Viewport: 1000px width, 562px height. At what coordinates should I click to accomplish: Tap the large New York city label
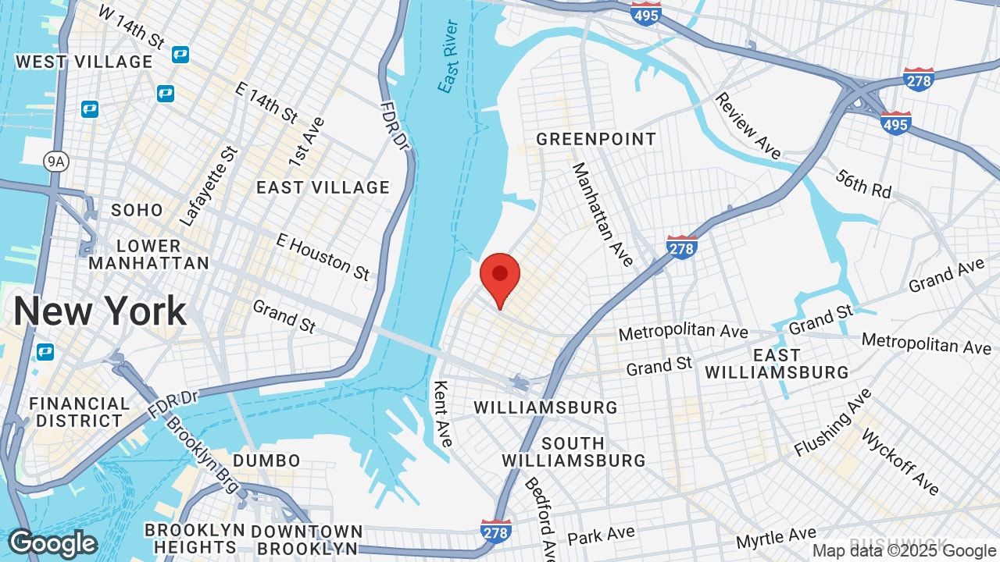pos(100,311)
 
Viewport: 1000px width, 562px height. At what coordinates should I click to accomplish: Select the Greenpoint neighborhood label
pos(595,139)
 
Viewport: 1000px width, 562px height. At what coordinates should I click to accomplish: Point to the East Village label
pos(323,187)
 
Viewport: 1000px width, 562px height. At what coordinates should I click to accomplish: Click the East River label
pos(448,56)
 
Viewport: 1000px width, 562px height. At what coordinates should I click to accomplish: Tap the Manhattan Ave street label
pos(602,214)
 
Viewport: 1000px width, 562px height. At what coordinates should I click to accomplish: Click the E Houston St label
pos(323,256)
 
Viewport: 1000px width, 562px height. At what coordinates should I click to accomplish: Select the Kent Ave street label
pos(442,413)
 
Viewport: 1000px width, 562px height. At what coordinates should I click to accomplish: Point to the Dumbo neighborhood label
pos(266,461)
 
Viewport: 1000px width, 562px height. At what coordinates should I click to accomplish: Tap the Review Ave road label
pos(748,126)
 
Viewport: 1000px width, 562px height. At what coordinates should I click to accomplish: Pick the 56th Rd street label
pos(862,184)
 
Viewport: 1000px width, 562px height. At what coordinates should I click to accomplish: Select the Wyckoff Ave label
pos(899,461)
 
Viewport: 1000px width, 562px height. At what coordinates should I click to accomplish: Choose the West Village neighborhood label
pos(84,62)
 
